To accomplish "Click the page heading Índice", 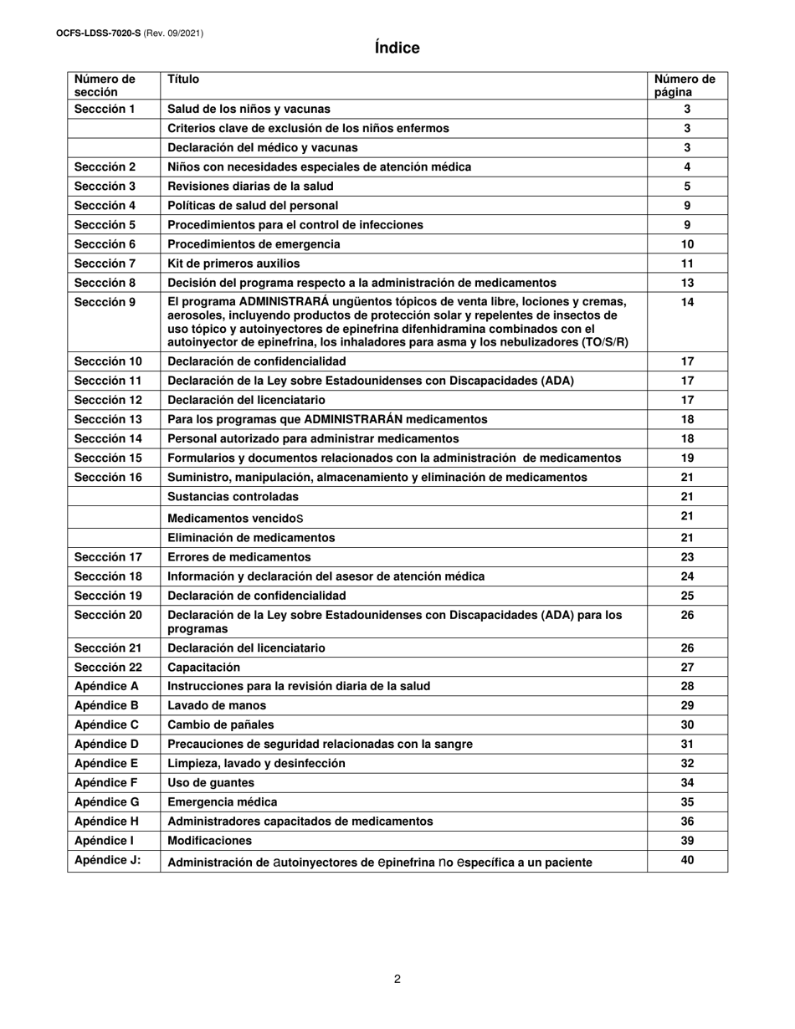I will tap(397, 49).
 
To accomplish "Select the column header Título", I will tap(183, 79).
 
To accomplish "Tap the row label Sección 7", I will tap(105, 264).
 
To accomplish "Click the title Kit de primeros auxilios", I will tap(233, 264).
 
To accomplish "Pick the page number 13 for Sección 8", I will tap(687, 283).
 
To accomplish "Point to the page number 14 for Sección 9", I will tap(687, 302).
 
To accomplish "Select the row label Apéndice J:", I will tap(107, 860).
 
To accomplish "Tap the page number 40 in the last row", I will tap(687, 859).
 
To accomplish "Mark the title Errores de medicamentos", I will tap(239, 557).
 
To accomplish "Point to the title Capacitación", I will tap(203, 668).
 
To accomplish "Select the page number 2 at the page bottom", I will tap(397, 980).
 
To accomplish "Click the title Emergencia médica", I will tap(222, 802).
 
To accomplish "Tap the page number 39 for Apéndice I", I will tap(687, 840).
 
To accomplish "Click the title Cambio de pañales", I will tap(220, 724).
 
